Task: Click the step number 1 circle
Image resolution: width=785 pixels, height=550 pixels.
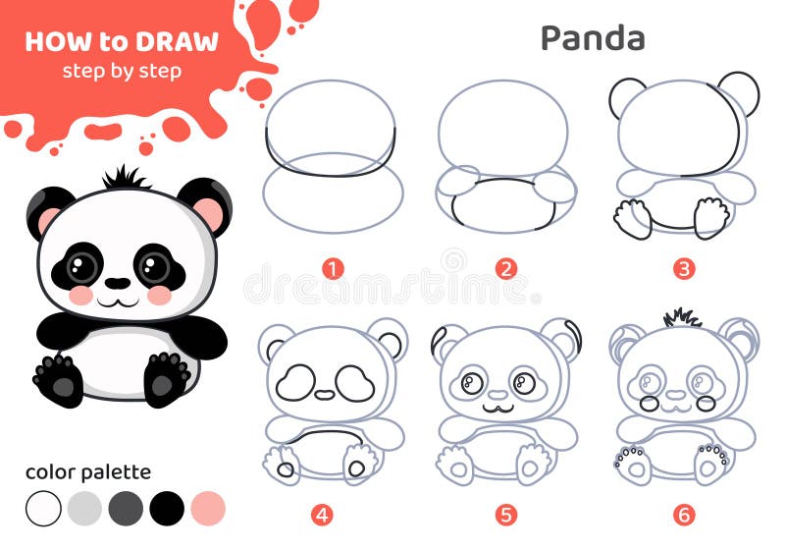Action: click(333, 269)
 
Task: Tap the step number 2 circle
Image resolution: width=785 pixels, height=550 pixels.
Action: click(506, 269)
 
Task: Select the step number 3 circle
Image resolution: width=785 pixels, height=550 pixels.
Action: click(684, 269)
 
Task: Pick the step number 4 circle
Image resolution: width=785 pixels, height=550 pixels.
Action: click(322, 515)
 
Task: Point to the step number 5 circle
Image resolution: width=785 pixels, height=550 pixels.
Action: click(506, 515)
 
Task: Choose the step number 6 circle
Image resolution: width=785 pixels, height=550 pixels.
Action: click(684, 515)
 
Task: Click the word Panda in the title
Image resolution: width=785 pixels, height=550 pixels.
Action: click(593, 38)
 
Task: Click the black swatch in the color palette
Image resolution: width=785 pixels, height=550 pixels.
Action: click(167, 509)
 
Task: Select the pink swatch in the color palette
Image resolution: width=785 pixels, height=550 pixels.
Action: click(208, 509)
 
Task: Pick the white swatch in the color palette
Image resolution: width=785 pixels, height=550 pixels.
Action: click(43, 509)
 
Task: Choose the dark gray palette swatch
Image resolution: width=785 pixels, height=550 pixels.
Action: click(126, 509)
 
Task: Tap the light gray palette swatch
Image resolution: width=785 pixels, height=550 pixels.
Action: click(84, 509)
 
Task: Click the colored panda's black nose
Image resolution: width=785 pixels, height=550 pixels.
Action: click(118, 283)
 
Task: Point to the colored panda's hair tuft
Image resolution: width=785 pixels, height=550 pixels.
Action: click(124, 178)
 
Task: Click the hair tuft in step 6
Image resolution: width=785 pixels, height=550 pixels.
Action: click(682, 318)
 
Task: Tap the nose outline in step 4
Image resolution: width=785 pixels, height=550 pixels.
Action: click(325, 395)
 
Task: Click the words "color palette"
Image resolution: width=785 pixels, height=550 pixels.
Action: click(88, 471)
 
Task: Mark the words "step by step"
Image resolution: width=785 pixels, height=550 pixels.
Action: click(122, 71)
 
